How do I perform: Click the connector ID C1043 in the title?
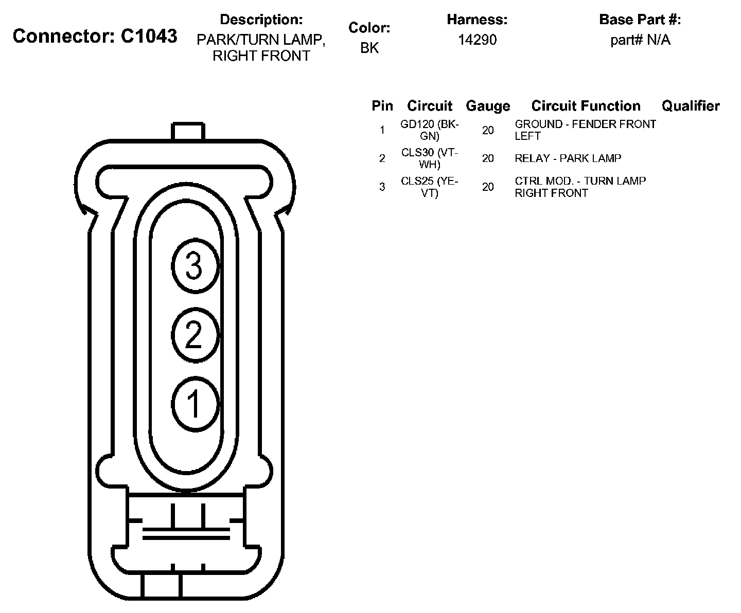click(149, 36)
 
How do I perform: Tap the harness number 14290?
click(478, 40)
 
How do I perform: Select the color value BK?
click(369, 48)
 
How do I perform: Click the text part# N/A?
click(640, 40)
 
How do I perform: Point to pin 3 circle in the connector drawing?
click(195, 266)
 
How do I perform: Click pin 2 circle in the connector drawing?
click(195, 335)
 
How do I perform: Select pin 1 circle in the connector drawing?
click(195, 404)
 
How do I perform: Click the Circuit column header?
click(429, 106)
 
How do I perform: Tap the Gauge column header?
click(488, 106)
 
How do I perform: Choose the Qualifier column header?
click(691, 106)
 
